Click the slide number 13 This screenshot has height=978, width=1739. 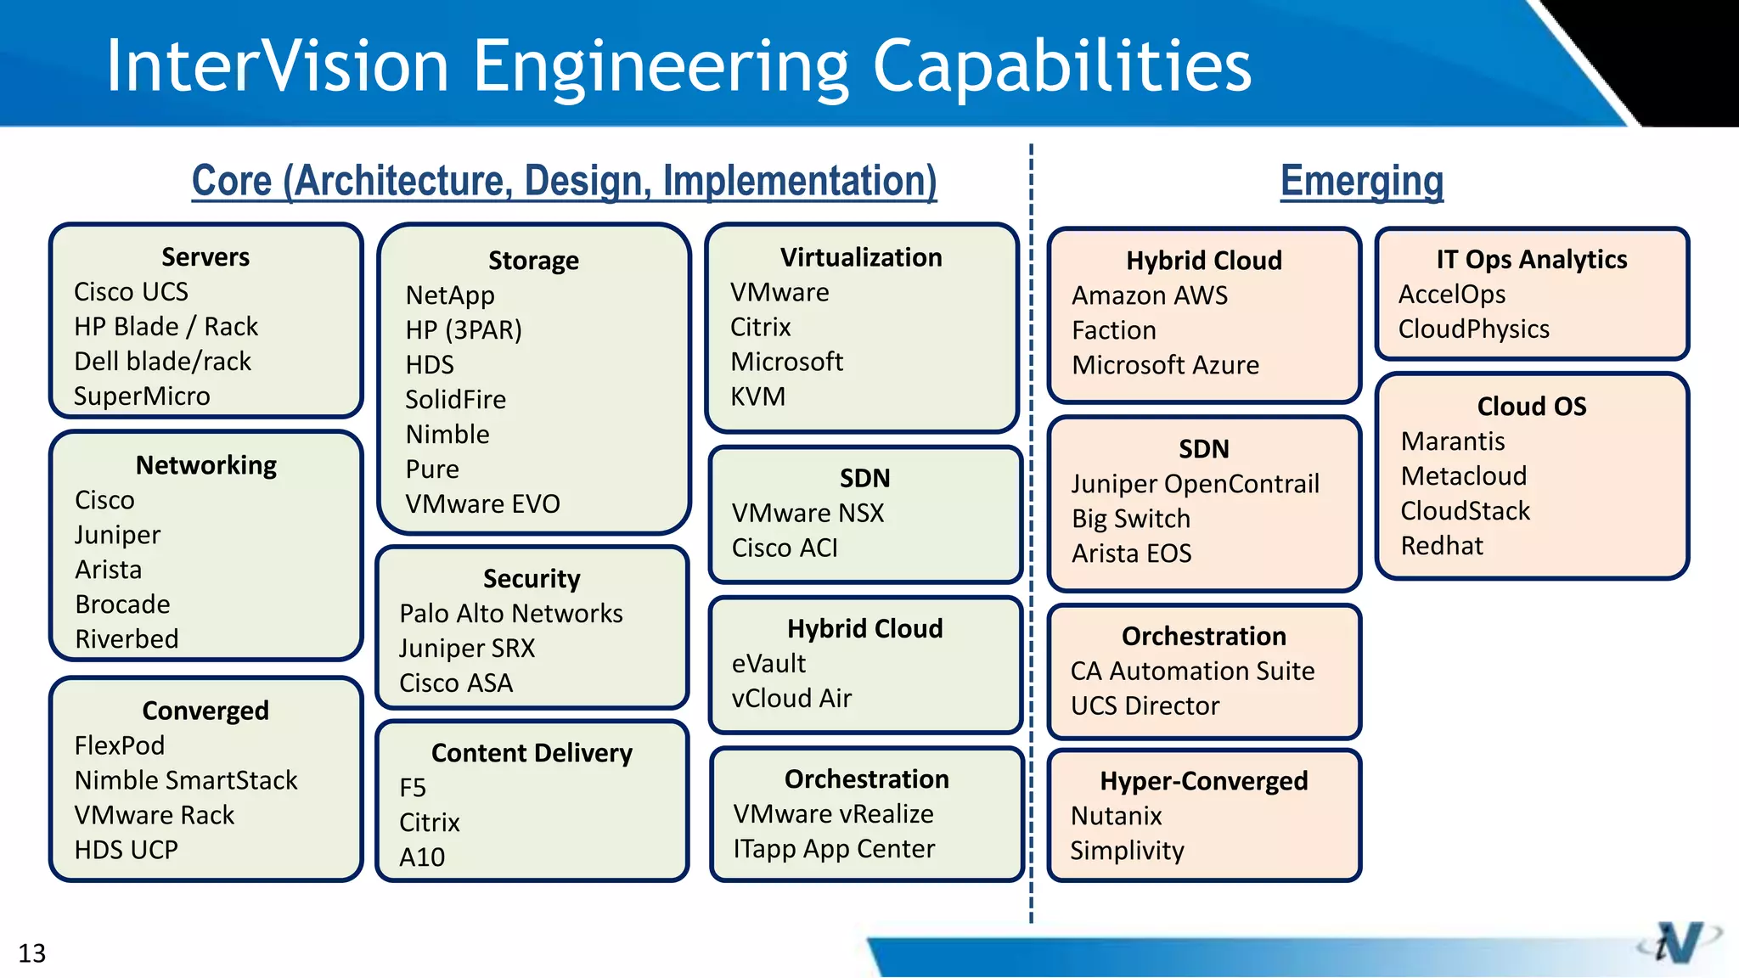click(x=32, y=953)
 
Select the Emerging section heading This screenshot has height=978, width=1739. click(x=1361, y=181)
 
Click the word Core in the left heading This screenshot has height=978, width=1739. click(x=232, y=181)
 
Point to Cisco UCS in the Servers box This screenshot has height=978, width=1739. click(x=131, y=292)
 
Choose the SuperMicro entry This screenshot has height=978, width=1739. click(x=142, y=396)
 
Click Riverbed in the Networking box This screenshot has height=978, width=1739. click(x=127, y=639)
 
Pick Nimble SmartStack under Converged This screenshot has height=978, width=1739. click(x=186, y=780)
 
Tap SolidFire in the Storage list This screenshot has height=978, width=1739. click(x=455, y=400)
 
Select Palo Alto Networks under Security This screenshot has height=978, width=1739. click(x=510, y=614)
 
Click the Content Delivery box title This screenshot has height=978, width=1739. click(x=532, y=753)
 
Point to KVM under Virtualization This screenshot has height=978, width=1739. click(x=757, y=396)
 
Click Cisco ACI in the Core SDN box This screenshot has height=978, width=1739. click(x=785, y=548)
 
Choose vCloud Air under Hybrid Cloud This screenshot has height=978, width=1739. click(x=791, y=699)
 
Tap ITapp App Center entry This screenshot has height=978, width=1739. click(x=834, y=849)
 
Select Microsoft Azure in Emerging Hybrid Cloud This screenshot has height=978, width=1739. click(x=1165, y=365)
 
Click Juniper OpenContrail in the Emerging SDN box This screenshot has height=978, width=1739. click(x=1195, y=484)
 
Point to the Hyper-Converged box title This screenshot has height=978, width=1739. click(x=1203, y=781)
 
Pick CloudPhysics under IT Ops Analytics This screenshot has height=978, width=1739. click(x=1473, y=329)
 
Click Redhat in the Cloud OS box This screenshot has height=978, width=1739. click(x=1442, y=546)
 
